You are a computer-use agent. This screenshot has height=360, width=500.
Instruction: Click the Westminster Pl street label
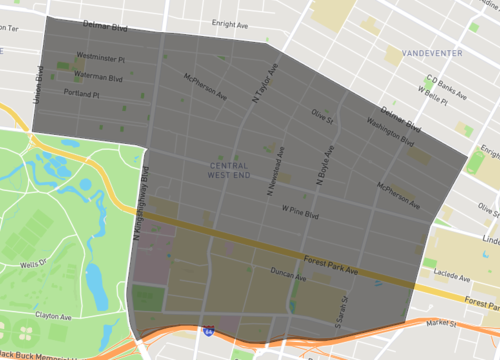pos(100,58)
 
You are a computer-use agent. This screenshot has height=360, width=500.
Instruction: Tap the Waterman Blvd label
pos(97,75)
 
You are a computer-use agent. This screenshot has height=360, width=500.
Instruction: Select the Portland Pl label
pos(83,92)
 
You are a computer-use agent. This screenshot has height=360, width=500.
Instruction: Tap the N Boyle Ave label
pos(322,166)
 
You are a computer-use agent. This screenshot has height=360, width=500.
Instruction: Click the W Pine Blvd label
pos(299,212)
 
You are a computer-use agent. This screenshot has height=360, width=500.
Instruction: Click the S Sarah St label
pos(343,313)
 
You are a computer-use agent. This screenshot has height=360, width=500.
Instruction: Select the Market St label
pos(439,324)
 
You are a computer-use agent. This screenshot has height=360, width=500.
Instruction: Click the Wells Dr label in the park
pos(33,264)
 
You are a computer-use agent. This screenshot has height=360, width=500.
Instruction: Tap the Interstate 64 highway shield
pos(207,329)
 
